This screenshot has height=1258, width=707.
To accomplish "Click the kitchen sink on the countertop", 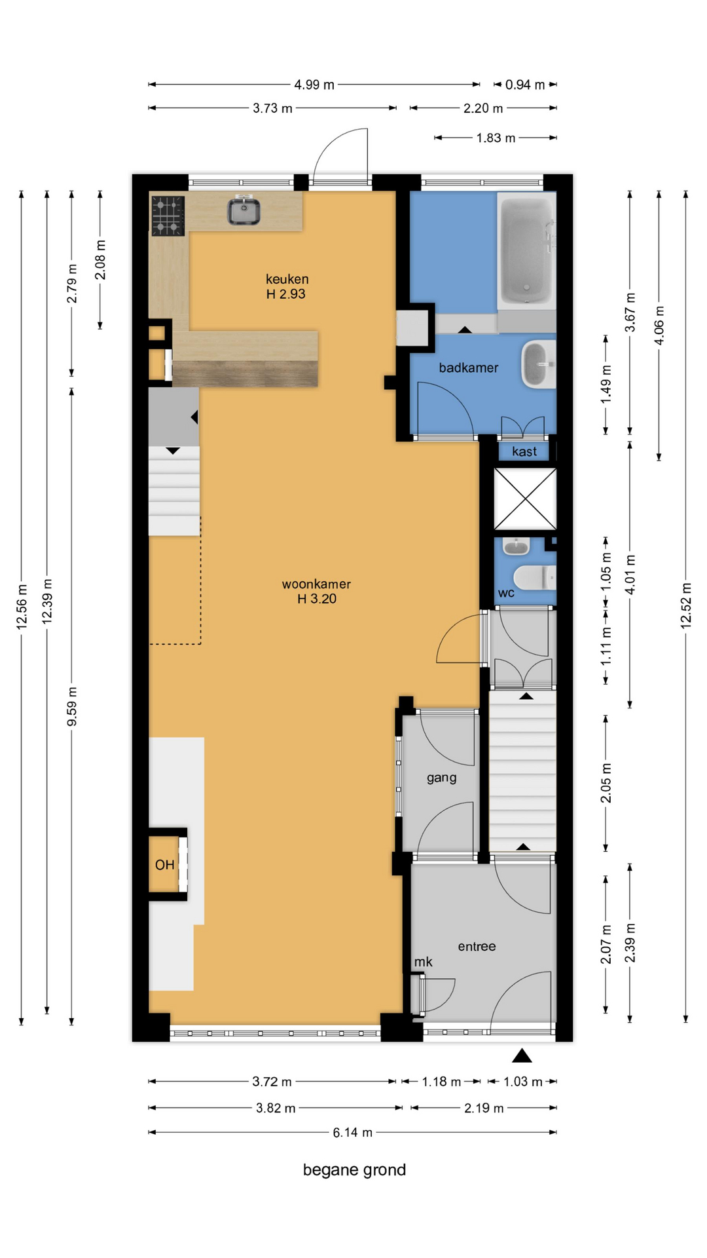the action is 244,210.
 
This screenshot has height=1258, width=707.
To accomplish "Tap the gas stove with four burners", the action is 168,216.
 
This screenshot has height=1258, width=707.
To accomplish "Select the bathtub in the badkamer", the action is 527,250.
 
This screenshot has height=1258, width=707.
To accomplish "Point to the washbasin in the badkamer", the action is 539,364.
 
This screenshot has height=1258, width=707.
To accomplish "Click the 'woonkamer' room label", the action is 316,584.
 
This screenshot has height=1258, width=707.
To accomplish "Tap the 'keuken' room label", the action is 287,279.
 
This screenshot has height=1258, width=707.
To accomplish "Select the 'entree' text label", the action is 477,946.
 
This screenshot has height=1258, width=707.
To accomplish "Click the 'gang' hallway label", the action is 442,778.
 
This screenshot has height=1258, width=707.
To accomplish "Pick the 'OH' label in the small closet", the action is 165,865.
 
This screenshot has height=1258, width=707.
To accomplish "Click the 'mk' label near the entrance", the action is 423,962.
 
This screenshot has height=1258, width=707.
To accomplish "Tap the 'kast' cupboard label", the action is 524,451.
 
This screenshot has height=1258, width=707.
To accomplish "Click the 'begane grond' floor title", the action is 354,1170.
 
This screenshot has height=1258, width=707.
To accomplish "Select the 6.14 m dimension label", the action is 352,1132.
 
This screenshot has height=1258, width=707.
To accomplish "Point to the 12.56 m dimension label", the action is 22,606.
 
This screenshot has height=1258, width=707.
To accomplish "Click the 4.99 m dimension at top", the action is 314,85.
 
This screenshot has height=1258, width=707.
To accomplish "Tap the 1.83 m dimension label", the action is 496,138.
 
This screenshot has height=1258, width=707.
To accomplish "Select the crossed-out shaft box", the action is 525,499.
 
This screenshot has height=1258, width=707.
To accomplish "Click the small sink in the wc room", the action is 517,545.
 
